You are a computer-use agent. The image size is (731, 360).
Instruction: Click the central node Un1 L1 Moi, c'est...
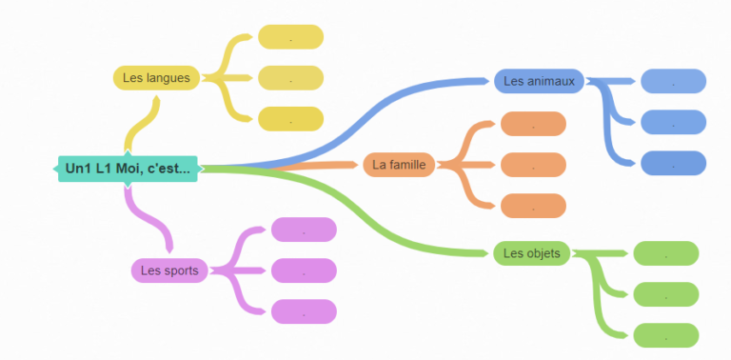(128, 169)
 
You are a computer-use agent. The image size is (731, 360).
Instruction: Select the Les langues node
(156, 78)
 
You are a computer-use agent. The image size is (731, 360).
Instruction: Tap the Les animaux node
(539, 82)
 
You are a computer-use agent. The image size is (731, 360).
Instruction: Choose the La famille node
(399, 165)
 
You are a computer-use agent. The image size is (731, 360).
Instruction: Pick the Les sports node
(169, 270)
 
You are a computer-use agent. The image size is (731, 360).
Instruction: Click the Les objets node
(531, 253)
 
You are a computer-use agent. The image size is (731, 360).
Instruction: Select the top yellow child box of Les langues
(290, 37)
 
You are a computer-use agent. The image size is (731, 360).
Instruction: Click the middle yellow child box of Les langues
(290, 78)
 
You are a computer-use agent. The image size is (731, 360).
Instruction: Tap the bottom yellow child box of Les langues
(290, 119)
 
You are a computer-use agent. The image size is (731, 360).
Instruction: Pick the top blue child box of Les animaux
(673, 82)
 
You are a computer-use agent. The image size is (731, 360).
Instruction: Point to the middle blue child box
(673, 123)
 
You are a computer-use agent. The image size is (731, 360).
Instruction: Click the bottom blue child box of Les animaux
(673, 164)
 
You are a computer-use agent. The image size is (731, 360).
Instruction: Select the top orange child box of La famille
(533, 124)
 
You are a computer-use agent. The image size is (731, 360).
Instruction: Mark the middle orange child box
(533, 165)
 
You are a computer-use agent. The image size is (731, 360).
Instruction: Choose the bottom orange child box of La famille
(533, 206)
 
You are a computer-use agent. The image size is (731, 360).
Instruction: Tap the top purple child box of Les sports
(304, 230)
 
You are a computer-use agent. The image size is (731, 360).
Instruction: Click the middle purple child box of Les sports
(304, 270)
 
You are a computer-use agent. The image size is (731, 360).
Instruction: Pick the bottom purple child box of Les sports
(304, 311)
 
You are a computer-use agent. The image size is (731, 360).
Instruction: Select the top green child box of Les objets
(666, 253)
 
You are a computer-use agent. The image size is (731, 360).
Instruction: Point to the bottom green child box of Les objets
(666, 335)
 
